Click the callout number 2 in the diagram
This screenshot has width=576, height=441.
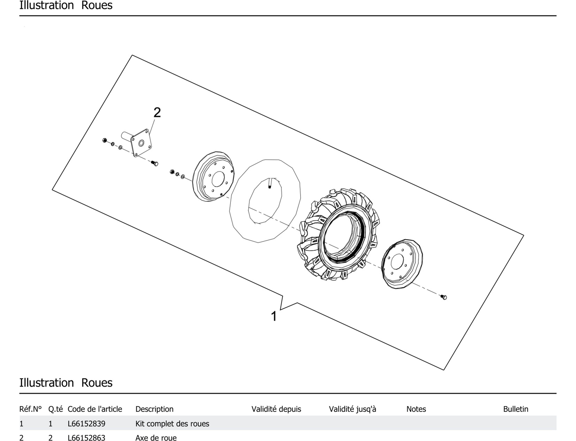pyautogui.click(x=157, y=113)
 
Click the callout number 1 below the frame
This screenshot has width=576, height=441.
pyautogui.click(x=274, y=316)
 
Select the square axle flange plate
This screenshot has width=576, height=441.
pyautogui.click(x=141, y=143)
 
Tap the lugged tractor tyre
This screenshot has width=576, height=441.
pyautogui.click(x=339, y=234)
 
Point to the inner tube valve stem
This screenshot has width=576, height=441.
pyautogui.click(x=269, y=183)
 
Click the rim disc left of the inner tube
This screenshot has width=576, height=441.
pyautogui.click(x=213, y=176)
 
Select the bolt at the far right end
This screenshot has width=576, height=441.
pyautogui.click(x=444, y=297)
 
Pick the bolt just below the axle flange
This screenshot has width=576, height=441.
pyautogui.click(x=155, y=163)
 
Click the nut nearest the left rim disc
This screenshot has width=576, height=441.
pyautogui.click(x=172, y=172)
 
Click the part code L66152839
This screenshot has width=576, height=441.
pyautogui.click(x=86, y=424)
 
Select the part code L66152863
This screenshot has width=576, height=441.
pyautogui.click(x=86, y=438)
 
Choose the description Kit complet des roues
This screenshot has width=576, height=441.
pyautogui.click(x=172, y=424)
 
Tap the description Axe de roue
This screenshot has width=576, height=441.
pyautogui.click(x=156, y=438)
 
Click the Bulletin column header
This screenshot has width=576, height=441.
pyautogui.click(x=515, y=409)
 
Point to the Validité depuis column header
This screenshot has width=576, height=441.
pyautogui.click(x=276, y=409)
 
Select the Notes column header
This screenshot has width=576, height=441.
pyautogui.click(x=416, y=409)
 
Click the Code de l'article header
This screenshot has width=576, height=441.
pyautogui.click(x=95, y=409)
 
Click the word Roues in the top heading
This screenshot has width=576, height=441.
pyautogui.click(x=97, y=5)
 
